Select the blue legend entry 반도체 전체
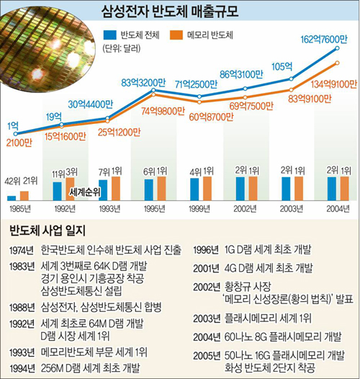pyautogui.click(x=138, y=34)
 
